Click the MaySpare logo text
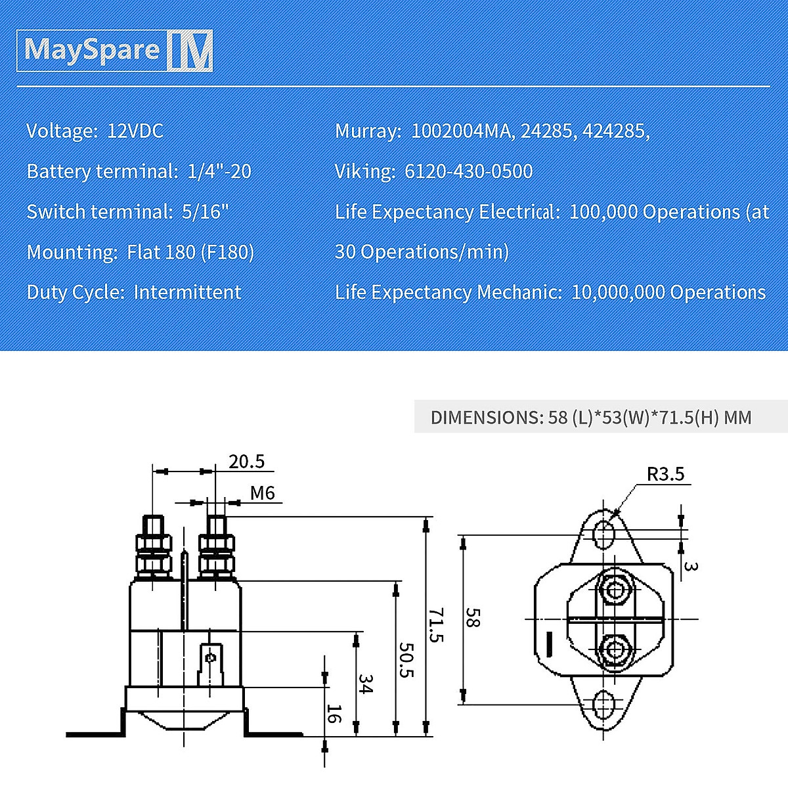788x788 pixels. click(92, 50)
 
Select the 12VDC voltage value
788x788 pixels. click(135, 131)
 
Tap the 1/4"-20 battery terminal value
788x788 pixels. click(219, 171)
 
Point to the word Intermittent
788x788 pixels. click(187, 292)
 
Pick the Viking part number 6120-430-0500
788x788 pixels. click(468, 171)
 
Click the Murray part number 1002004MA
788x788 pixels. click(460, 131)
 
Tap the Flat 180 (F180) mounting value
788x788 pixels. click(190, 252)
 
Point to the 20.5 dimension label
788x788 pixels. click(246, 462)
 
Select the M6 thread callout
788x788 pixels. click(262, 492)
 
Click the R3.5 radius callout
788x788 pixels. click(665, 473)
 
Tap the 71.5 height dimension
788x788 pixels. click(437, 625)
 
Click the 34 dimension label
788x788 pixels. click(366, 684)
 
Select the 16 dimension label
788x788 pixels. click(334, 713)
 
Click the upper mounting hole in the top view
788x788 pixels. click(604, 533)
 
